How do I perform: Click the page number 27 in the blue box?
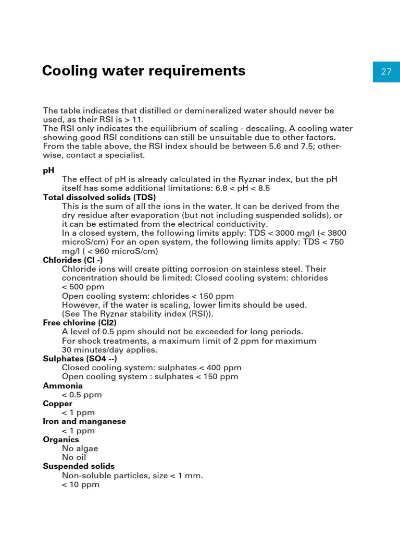386,72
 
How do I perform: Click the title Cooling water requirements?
143,70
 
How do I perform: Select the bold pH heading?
48,171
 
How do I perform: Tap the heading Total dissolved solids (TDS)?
99,197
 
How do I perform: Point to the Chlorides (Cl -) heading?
72,260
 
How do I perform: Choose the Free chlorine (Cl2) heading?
79,323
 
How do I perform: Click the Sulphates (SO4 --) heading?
80,359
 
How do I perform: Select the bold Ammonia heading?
63,386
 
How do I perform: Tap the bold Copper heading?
57,404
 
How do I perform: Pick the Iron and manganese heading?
84,421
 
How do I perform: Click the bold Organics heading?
61,440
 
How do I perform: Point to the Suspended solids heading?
79,466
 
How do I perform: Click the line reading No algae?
80,448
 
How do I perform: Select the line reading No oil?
74,457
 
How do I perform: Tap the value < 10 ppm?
80,484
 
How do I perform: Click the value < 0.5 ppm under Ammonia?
82,395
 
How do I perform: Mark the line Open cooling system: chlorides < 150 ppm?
148,296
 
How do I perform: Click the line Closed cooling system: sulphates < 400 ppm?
152,368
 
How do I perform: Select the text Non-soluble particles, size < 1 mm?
132,476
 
